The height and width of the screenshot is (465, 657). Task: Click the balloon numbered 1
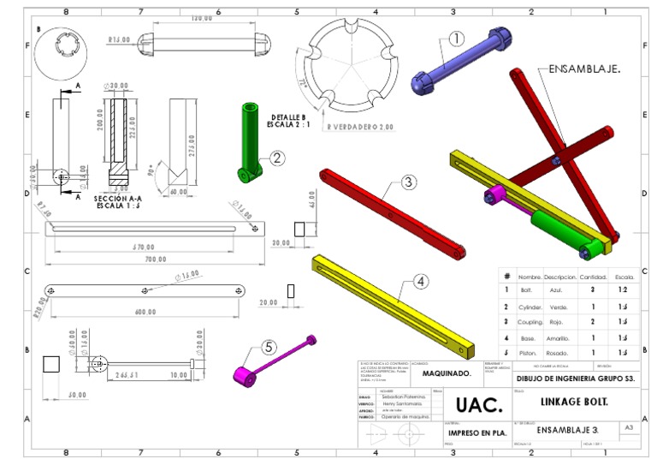(x=456, y=38)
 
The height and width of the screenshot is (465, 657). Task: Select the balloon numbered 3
(x=408, y=182)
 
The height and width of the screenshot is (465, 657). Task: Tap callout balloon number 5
(x=269, y=347)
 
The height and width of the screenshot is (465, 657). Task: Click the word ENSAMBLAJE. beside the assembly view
(x=584, y=68)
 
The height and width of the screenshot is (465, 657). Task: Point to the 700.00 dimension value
(x=155, y=259)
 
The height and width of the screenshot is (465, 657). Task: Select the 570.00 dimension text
(x=155, y=247)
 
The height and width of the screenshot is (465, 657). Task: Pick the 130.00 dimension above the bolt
(x=201, y=18)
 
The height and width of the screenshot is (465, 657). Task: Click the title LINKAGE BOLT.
(x=574, y=401)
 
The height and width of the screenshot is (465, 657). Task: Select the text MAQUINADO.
(x=447, y=373)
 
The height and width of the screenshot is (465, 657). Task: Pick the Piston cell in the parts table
(x=527, y=353)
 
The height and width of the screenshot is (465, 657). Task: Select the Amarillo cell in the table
(x=559, y=337)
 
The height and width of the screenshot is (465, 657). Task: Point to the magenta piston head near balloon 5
(x=245, y=375)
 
